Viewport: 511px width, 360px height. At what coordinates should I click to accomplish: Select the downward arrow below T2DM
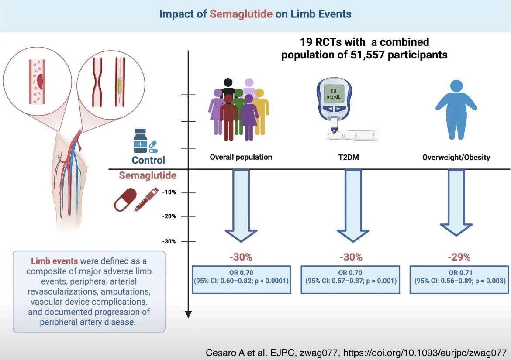click(x=352, y=205)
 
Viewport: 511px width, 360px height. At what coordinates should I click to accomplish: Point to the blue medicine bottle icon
click(x=140, y=141)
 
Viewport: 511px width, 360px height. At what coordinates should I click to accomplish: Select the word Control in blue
click(x=148, y=160)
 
